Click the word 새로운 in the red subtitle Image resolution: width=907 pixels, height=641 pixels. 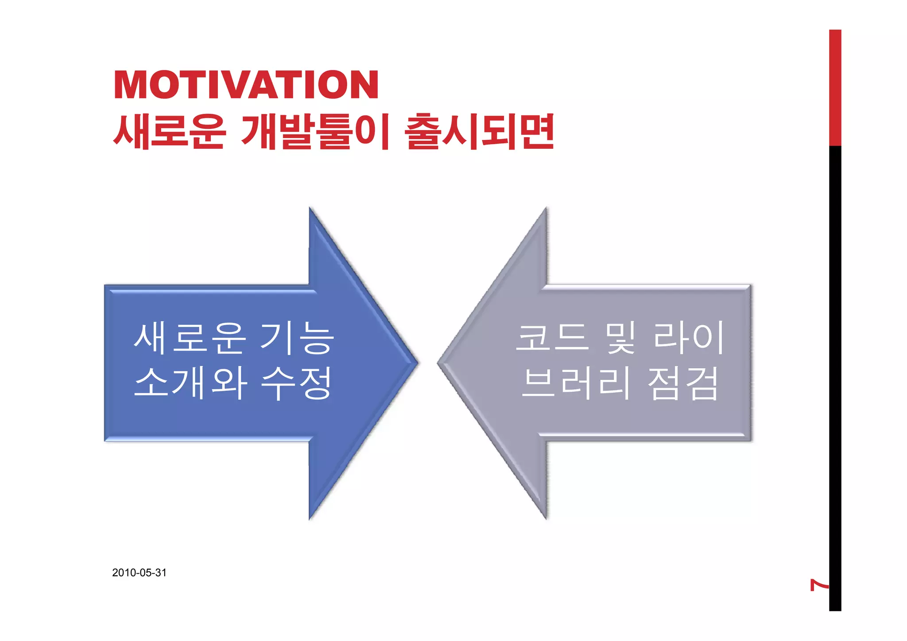(170, 131)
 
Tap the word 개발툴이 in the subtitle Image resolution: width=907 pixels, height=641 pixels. (315, 131)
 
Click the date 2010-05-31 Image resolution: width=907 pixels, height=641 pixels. (139, 572)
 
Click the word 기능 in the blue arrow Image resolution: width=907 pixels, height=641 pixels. (296, 338)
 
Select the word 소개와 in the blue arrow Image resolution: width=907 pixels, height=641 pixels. (190, 383)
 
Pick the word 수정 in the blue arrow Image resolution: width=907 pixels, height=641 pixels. (296, 383)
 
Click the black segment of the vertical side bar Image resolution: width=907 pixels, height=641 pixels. (835, 354)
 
